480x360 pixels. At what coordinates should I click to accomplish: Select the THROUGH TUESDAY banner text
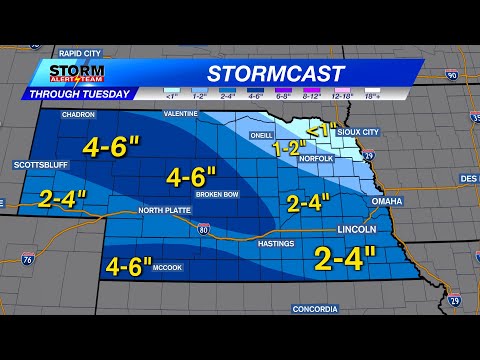pos(80,94)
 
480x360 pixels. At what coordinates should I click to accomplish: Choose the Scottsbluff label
pos(38,165)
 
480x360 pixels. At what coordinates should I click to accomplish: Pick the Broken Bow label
pos(217,195)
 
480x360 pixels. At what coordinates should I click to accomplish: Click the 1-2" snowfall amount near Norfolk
pos(290,148)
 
